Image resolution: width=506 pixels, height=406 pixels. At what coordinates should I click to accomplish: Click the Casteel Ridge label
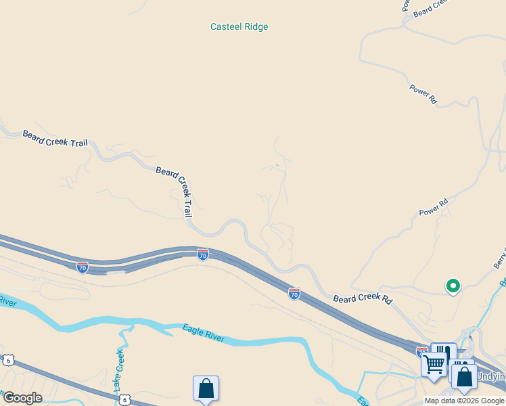click(239, 27)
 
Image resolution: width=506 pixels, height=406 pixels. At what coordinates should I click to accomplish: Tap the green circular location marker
click(453, 286)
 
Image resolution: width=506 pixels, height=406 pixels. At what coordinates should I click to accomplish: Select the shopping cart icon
click(434, 364)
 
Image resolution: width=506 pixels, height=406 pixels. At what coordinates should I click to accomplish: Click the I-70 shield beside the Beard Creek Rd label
click(294, 294)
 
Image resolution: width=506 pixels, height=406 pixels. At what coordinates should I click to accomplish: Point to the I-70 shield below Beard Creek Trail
click(203, 254)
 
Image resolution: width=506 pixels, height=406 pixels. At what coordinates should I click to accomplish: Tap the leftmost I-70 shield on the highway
click(82, 267)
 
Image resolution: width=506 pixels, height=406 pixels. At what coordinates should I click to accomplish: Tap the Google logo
click(22, 398)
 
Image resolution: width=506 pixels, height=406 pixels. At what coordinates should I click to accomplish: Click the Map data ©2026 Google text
click(465, 401)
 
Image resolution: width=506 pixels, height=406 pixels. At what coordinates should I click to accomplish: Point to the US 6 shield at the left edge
click(7, 359)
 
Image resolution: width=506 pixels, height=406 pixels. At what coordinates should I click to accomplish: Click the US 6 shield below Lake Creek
click(124, 400)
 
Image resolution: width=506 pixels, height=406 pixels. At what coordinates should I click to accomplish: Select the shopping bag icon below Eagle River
click(206, 389)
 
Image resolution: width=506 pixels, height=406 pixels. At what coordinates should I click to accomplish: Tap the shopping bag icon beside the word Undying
click(464, 376)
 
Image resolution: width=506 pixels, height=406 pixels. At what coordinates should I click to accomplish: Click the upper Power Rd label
click(423, 93)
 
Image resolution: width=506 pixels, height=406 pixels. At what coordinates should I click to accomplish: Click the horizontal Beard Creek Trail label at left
click(55, 139)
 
